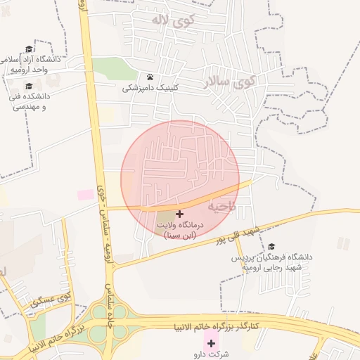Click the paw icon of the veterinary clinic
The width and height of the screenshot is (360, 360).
click(x=150, y=77)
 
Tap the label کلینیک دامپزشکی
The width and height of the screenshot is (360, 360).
click(x=150, y=89)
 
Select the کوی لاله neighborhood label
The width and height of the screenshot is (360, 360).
click(x=172, y=20)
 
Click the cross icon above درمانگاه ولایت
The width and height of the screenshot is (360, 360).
click(x=179, y=213)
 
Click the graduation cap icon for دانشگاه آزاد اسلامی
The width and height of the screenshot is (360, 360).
click(x=29, y=49)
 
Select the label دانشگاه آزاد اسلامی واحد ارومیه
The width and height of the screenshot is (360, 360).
click(x=34, y=65)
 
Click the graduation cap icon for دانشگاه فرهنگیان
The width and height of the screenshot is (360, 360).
click(x=271, y=247)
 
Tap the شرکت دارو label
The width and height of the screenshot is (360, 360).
click(x=211, y=354)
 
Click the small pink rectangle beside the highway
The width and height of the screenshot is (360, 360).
click(x=85, y=194)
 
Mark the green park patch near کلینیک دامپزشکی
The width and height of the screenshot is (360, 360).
click(x=110, y=68)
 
